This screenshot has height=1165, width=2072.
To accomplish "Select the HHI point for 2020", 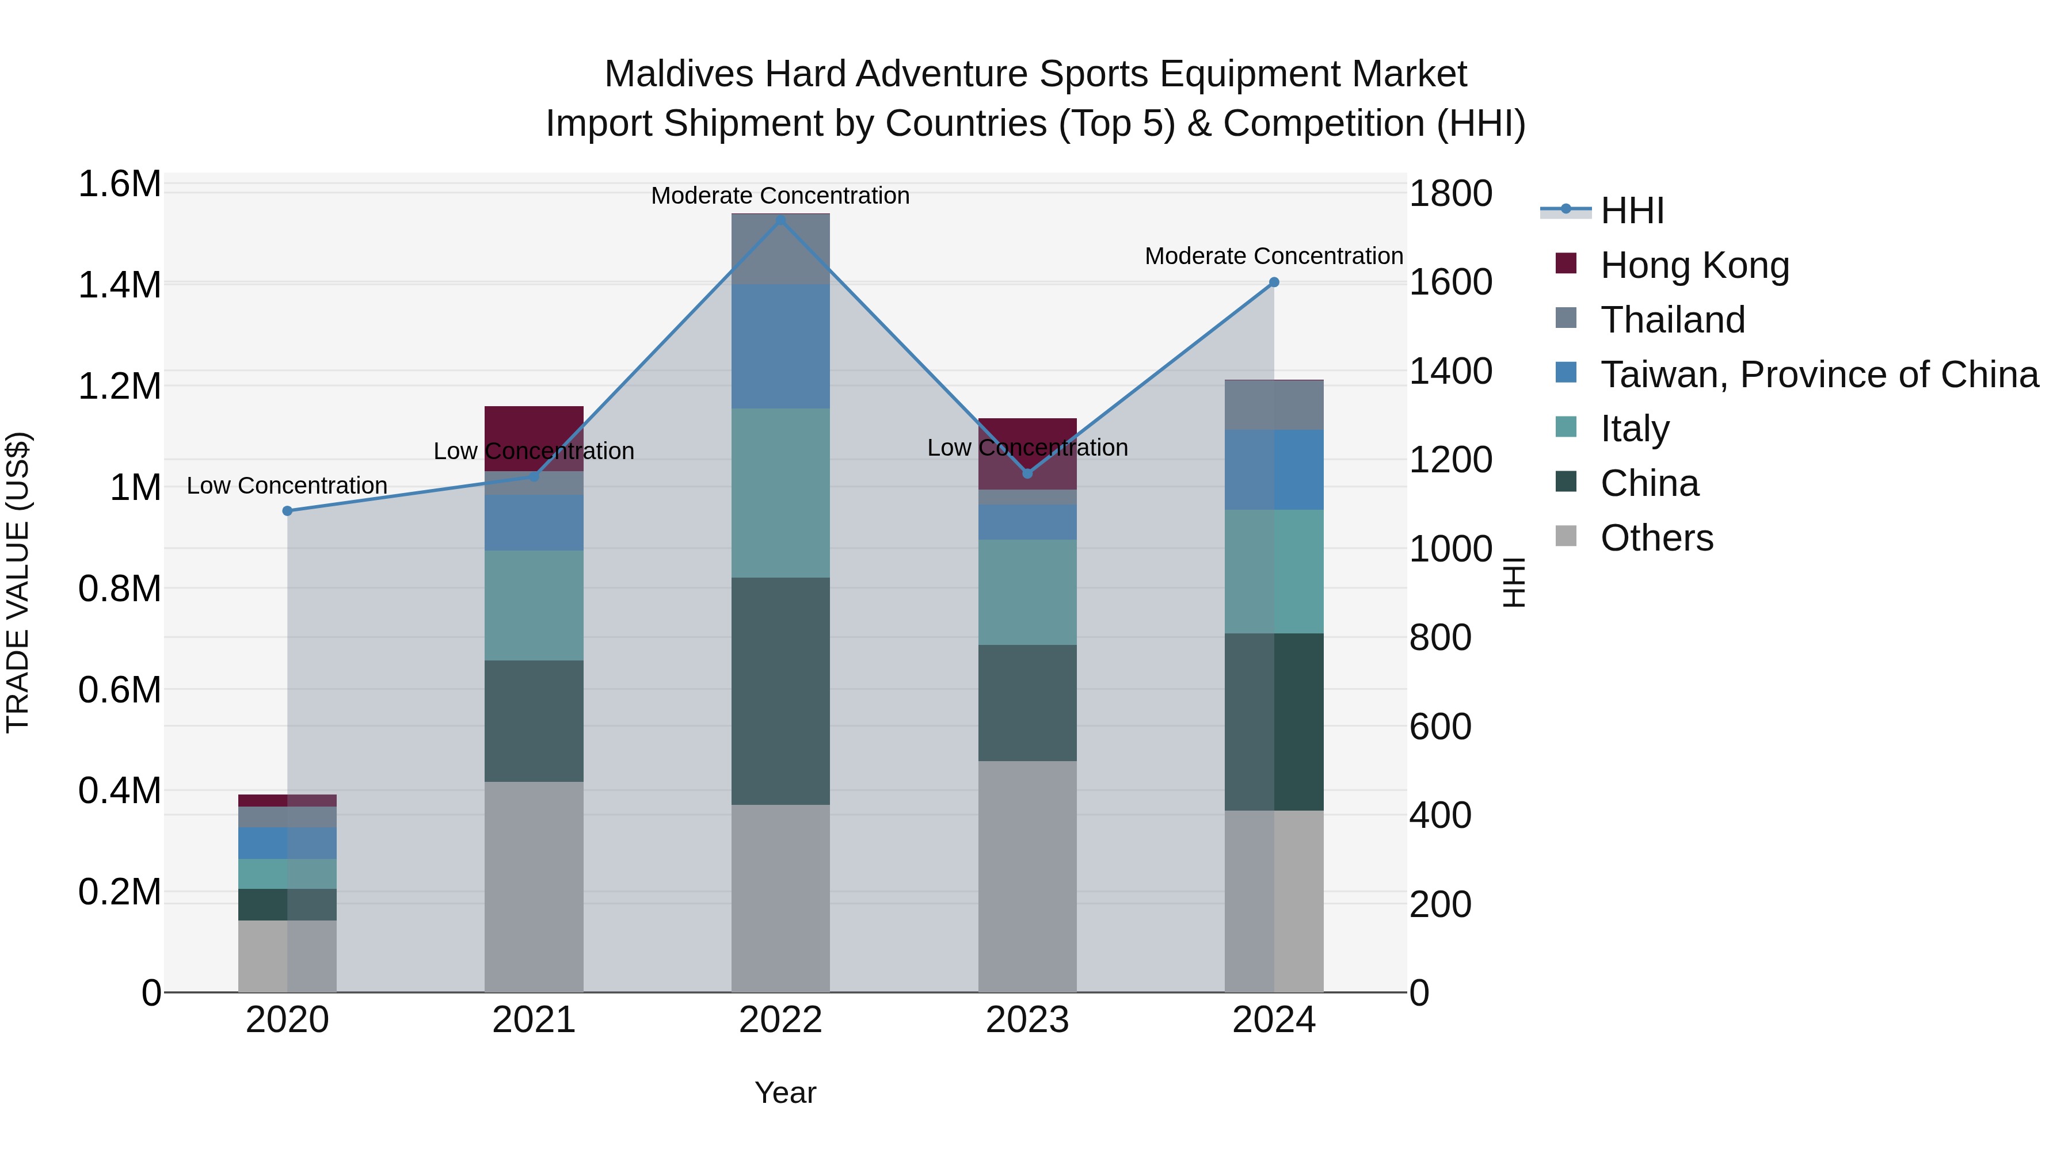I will click(287, 510).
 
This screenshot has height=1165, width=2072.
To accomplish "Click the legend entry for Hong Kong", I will click(1694, 265).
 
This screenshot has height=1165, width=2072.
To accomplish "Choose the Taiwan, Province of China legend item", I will click(1818, 375).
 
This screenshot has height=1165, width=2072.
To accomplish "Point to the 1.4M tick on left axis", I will click(119, 285).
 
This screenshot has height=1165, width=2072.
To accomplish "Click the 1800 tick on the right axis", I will click(1450, 194).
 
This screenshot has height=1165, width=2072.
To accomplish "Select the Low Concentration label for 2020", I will click(287, 486).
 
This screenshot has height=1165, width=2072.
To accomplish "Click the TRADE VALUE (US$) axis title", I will click(18, 582).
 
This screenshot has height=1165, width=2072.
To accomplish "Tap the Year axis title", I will click(785, 1093).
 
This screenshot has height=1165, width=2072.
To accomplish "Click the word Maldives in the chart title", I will click(678, 74).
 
